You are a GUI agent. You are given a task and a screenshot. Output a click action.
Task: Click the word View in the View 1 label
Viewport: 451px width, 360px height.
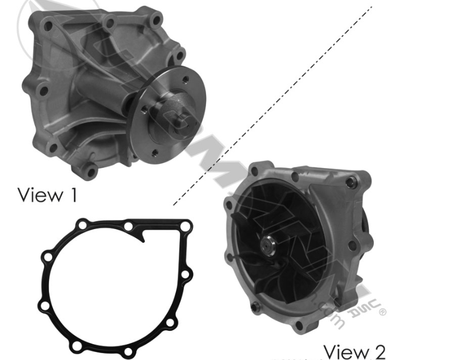click(x=39, y=195)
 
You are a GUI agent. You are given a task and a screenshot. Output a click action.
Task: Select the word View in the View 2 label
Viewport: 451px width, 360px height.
click(x=344, y=350)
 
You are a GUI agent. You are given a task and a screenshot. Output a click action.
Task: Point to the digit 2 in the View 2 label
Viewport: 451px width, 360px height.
click(x=379, y=350)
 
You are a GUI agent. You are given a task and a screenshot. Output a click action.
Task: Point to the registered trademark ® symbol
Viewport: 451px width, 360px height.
click(x=382, y=312)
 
